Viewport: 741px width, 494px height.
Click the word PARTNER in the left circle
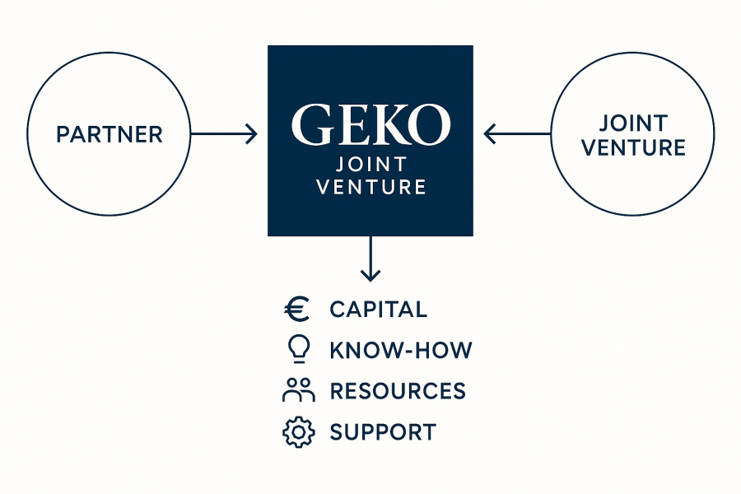[x=110, y=134]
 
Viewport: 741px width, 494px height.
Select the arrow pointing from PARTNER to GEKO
[x=223, y=133]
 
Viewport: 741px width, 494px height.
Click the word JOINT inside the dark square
[x=370, y=165]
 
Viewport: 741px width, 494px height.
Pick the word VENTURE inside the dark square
[x=370, y=188]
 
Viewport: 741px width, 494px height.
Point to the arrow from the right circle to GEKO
[x=516, y=133]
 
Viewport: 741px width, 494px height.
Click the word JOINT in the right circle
[x=632, y=123]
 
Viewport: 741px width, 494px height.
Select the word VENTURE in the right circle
[x=632, y=147]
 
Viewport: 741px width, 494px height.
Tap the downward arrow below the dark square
[x=370, y=259]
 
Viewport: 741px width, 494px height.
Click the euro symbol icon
[x=296, y=310]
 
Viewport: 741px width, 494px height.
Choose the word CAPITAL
[x=378, y=310]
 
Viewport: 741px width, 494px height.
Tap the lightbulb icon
[x=297, y=350]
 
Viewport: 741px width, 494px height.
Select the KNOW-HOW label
[x=400, y=351]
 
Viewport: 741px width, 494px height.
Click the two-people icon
[x=297, y=390]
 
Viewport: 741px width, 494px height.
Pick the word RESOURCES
[x=398, y=391]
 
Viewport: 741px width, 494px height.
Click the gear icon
[x=297, y=431]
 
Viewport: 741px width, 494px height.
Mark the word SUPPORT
[x=383, y=431]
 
